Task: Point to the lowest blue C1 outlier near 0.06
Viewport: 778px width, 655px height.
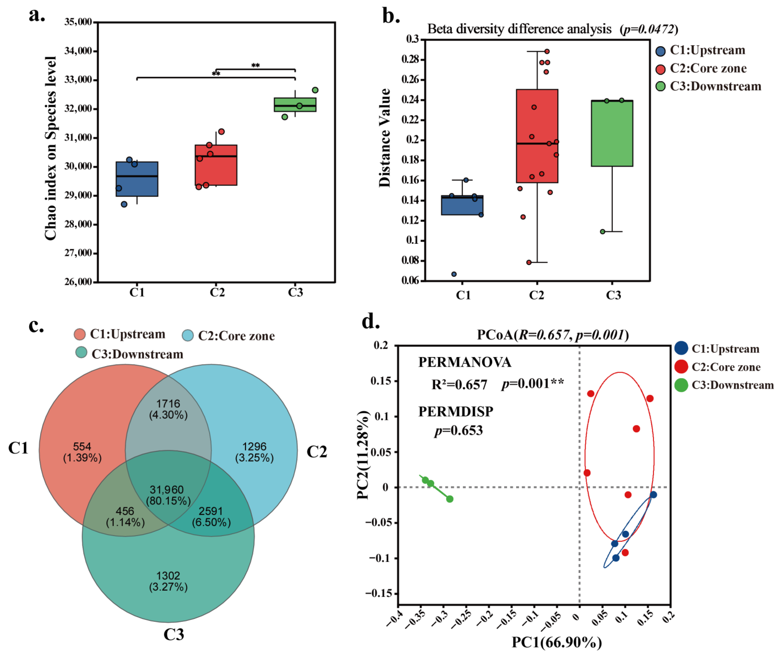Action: [x=454, y=274]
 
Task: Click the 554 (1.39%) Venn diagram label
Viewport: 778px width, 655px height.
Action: [x=82, y=452]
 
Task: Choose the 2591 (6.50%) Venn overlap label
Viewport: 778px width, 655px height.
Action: [x=211, y=516]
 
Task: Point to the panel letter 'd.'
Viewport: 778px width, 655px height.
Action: [x=371, y=322]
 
